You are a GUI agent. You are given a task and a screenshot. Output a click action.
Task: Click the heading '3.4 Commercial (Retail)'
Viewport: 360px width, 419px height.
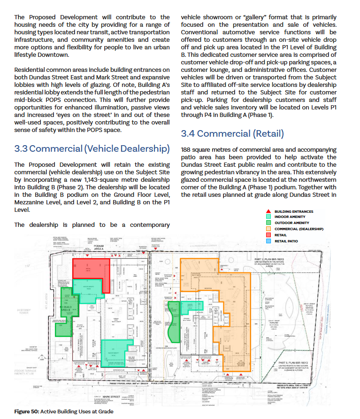click(x=232, y=134)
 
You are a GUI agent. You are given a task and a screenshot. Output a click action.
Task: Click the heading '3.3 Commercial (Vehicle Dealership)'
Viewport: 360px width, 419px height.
click(x=92, y=149)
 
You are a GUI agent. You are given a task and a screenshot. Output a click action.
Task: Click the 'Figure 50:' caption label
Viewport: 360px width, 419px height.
click(x=26, y=411)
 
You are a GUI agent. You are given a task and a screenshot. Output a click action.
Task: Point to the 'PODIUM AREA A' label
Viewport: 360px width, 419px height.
click(x=99, y=248)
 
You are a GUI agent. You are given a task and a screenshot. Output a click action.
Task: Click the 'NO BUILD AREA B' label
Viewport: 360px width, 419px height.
click(x=65, y=296)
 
